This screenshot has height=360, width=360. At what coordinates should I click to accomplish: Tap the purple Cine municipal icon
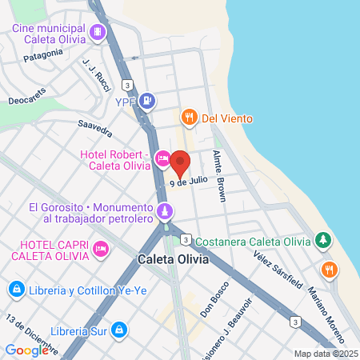[98, 33]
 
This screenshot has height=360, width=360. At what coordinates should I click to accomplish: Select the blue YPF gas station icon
[146, 102]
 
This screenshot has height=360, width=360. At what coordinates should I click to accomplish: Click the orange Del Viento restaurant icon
[189, 118]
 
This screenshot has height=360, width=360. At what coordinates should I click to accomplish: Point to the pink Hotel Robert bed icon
[162, 159]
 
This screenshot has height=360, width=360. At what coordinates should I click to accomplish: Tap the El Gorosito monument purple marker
[164, 212]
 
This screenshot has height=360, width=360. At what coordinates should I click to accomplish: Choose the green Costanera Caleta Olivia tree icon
[322, 239]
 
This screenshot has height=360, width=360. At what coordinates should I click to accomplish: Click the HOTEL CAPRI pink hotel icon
[101, 250]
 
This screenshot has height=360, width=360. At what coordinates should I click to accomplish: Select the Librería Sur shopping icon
[118, 329]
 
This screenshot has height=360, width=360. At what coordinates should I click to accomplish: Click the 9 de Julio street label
[189, 182]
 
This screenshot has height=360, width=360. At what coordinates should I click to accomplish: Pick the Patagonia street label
[43, 54]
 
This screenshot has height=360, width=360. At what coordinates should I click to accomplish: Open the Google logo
[26, 350]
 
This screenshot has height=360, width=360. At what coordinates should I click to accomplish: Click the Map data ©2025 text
[325, 354]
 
